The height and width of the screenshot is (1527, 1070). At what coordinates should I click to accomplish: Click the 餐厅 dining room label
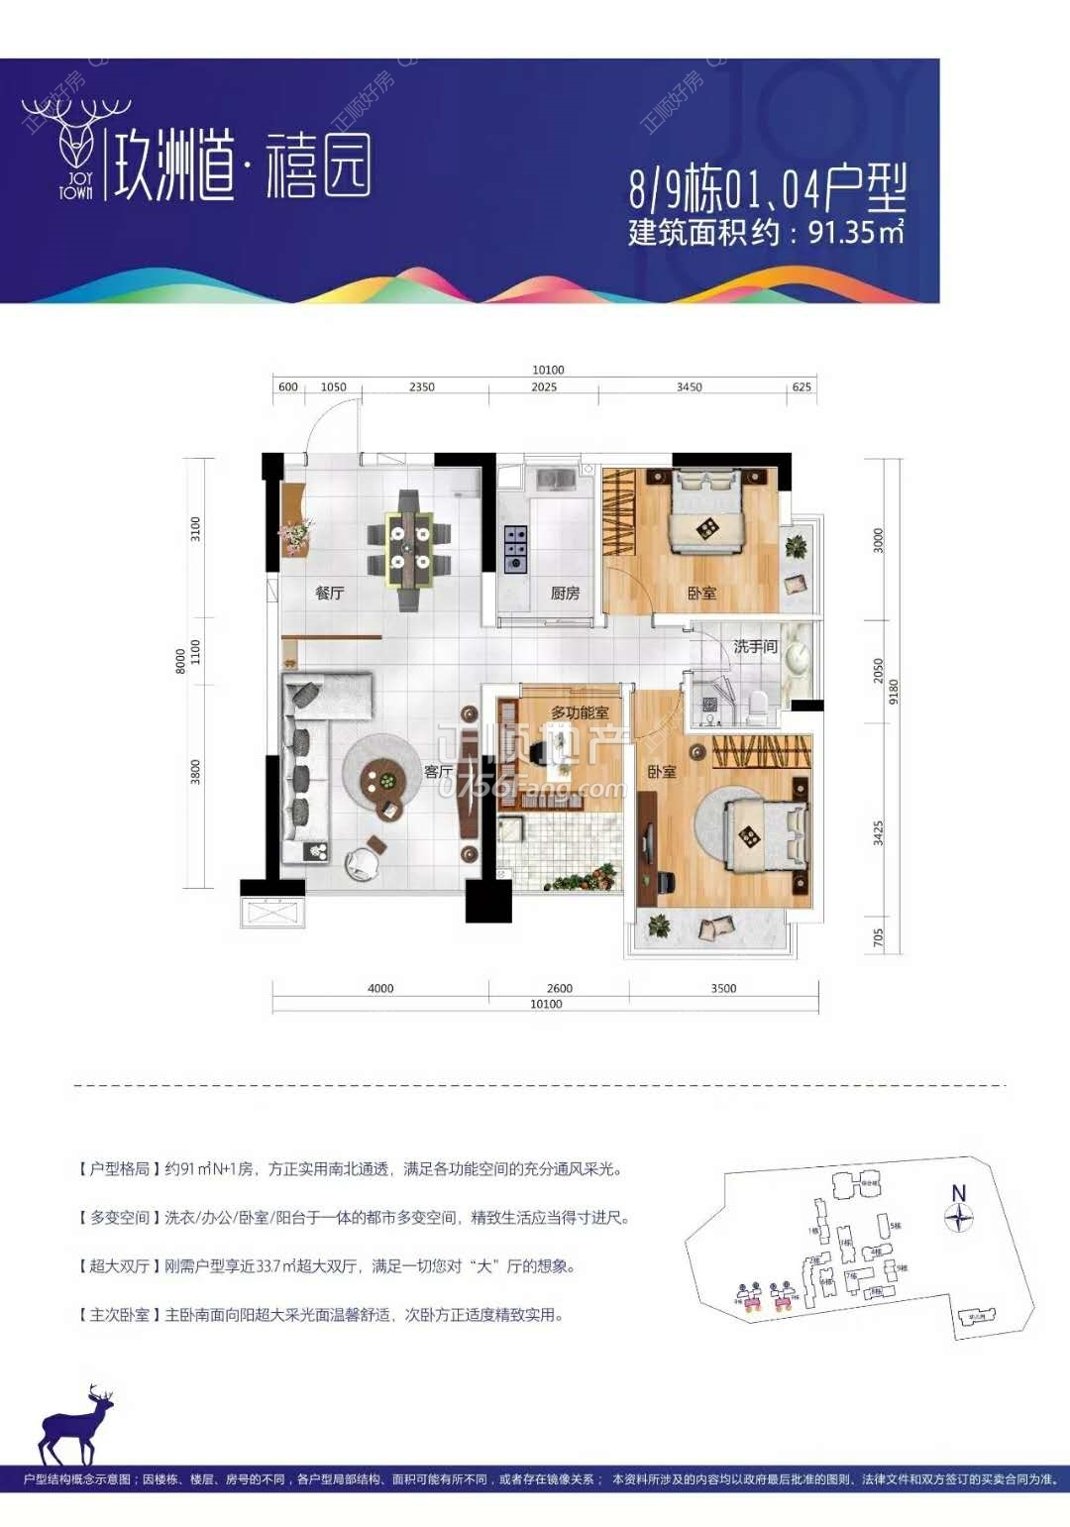pos(329,593)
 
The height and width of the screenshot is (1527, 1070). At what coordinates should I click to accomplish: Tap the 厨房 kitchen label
pos(565,593)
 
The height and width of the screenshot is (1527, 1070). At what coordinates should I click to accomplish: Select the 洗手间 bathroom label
pos(755,646)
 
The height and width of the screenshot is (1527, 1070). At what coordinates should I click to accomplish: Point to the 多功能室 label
pos(580,712)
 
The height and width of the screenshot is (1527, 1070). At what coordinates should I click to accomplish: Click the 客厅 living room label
pos(438,771)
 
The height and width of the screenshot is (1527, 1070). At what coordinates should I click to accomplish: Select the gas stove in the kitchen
pos(514,549)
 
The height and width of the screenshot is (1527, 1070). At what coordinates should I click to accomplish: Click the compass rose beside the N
pos(958,1218)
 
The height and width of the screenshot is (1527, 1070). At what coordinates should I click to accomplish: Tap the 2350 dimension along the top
pos(421,387)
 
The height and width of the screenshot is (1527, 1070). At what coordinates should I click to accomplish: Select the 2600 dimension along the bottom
pos(560,988)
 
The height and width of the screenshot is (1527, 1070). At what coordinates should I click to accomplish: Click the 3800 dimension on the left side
pos(195,772)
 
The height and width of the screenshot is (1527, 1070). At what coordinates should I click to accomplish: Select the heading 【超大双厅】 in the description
pos(119,1265)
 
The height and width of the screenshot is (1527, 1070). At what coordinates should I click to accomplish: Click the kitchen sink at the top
pos(558,480)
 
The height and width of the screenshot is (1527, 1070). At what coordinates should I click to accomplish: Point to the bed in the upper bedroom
pos(707,512)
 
